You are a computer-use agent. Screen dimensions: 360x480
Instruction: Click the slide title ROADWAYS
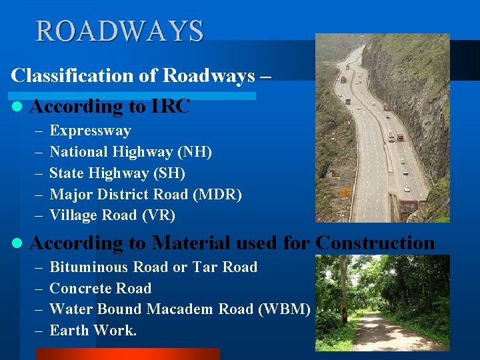tap(119, 31)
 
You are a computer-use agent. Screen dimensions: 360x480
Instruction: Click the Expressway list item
tap(90, 131)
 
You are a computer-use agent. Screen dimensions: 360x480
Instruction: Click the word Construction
tap(375, 243)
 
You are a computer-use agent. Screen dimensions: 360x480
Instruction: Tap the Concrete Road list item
tap(100, 289)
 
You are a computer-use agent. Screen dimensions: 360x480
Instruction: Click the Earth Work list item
tap(93, 330)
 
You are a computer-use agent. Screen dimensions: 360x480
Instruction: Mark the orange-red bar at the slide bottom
tap(127, 354)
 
